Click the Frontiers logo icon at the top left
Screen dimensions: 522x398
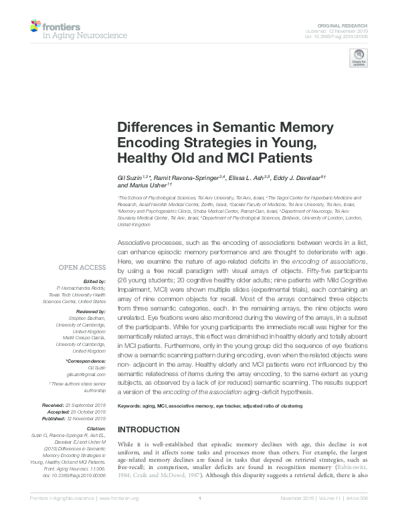37,27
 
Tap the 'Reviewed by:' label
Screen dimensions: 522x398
92,312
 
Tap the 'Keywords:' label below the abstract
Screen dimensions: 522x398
132,406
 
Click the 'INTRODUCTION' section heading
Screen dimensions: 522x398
150,429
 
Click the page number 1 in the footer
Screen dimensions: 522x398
199,517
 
